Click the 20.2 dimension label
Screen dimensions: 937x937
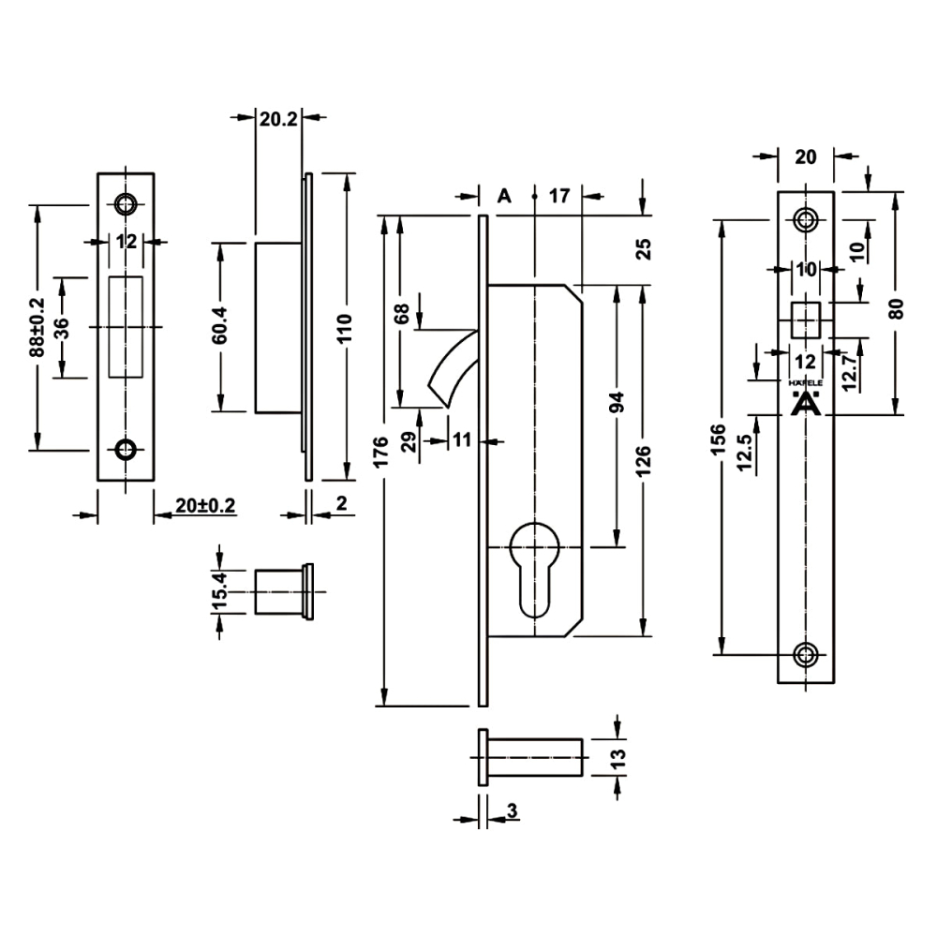tap(278, 118)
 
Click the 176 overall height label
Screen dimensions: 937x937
tap(380, 456)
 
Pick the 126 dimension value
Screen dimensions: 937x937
tap(643, 461)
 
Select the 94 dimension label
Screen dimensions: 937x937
tap(616, 403)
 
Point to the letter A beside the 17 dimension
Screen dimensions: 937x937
tap(504, 196)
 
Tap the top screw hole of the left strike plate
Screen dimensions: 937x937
tap(125, 202)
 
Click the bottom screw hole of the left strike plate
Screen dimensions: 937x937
tap(125, 450)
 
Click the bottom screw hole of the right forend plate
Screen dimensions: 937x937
tap(805, 654)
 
